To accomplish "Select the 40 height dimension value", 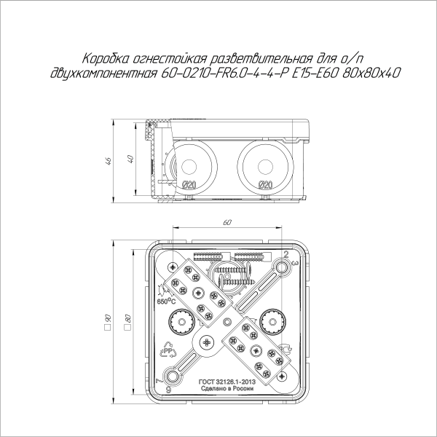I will (130, 160).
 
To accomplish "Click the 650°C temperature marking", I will (164, 299).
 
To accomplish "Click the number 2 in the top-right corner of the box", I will (286, 254).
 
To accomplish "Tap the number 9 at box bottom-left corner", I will (168, 390).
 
